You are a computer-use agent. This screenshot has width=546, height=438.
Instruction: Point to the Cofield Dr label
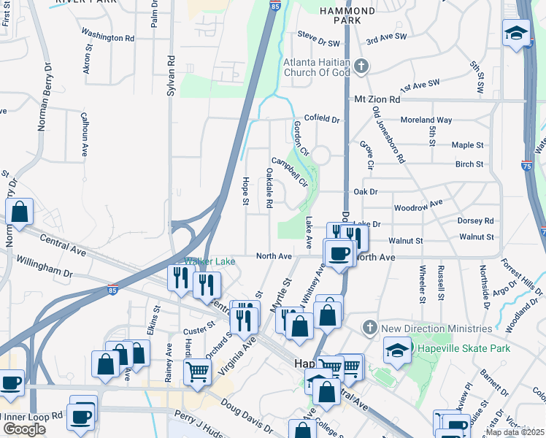(x=321, y=118)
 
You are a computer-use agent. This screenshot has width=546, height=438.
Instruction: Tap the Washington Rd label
(x=108, y=35)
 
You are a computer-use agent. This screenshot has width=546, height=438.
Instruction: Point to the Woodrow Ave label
(x=418, y=207)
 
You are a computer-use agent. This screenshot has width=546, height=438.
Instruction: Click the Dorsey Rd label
(x=475, y=220)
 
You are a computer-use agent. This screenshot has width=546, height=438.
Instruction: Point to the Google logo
(x=24, y=429)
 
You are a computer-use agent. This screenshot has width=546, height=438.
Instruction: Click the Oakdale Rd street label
(x=269, y=188)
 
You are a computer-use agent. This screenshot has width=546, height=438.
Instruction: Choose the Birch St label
(x=469, y=164)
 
